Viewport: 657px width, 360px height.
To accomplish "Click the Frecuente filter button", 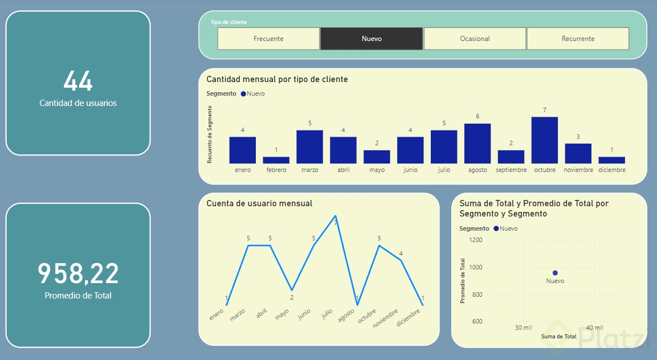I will pos(268,39).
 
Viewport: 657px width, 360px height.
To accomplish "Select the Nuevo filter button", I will pos(372,39).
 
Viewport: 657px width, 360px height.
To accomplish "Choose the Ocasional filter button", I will pos(475,39).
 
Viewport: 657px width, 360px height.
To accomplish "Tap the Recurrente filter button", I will pos(578,39).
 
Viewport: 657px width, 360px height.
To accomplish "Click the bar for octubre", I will pos(545,140).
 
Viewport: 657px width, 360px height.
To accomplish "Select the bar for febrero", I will pos(276,160).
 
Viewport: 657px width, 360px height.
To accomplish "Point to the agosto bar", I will pos(478,144).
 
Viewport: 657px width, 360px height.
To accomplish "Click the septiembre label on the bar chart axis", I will pos(511,170).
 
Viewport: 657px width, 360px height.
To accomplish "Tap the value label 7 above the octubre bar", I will pos(545,110).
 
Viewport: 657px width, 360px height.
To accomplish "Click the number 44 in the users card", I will pos(78,81).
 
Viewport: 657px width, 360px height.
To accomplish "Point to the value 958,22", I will pos(78,273).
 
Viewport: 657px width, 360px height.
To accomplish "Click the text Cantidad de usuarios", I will pos(78,103).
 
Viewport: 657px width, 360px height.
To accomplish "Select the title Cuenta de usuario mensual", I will pos(259,203).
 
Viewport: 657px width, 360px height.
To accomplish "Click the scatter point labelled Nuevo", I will pos(555,273).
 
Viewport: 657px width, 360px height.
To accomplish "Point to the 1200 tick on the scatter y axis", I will pos(475,240).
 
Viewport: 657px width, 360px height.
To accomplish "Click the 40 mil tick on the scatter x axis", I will pos(594,328).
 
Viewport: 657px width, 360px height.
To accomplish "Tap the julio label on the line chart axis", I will pos(327,313).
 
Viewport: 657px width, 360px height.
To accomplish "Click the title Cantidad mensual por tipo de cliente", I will pos(277,79).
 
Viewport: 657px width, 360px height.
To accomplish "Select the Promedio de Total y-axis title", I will pos(463,281).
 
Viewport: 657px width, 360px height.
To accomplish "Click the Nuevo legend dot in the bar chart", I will pos(243,93).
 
